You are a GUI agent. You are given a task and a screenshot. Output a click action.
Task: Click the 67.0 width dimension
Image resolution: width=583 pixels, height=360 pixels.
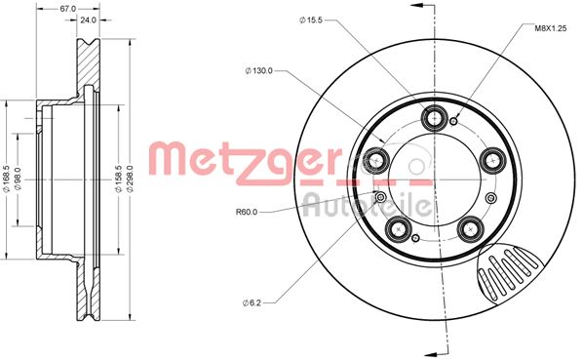tap(66, 8)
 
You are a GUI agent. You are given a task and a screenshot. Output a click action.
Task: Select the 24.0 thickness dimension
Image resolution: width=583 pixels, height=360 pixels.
tap(87, 20)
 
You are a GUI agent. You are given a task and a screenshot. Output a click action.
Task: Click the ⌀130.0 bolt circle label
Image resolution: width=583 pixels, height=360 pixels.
tap(259, 70)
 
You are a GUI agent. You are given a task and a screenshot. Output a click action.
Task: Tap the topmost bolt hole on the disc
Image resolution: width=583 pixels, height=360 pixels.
tap(434, 119)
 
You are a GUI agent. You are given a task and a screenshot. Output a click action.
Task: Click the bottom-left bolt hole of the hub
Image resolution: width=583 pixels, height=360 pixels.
tap(397, 228)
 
